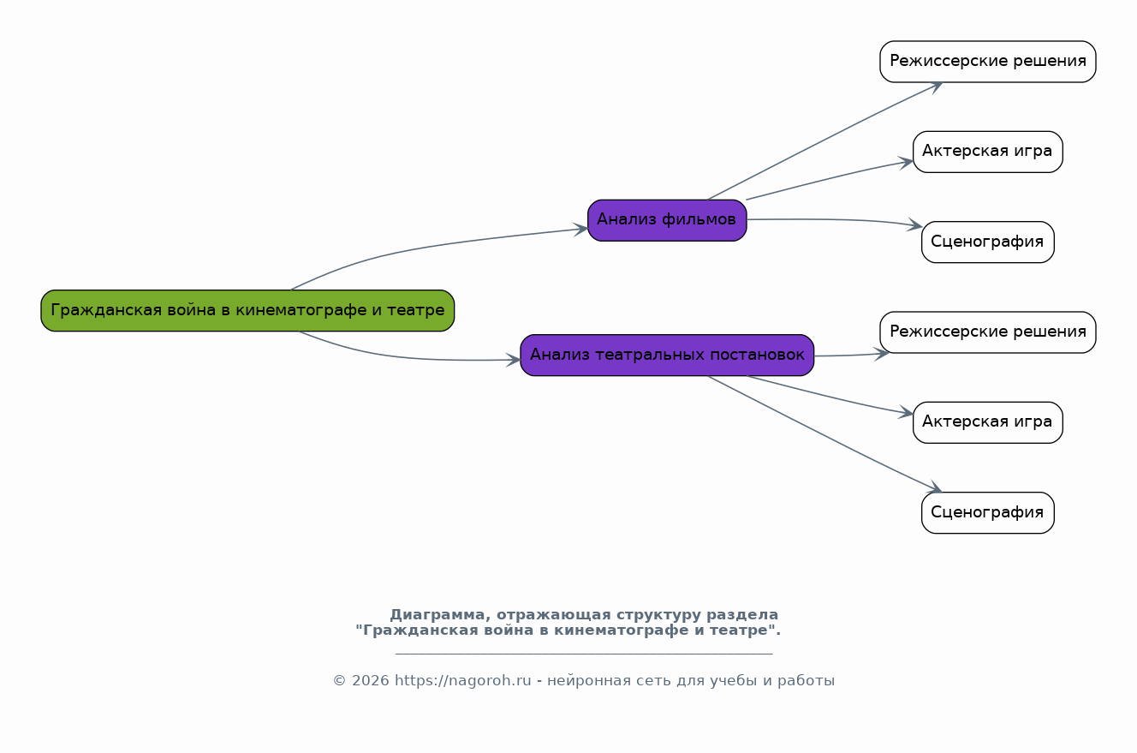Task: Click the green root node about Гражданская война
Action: point(247,311)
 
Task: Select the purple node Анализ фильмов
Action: point(667,220)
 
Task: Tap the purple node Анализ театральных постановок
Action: point(667,356)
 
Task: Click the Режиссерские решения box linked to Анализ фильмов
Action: point(988,62)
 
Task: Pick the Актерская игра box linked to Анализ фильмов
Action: point(988,152)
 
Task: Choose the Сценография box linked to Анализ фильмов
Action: point(988,242)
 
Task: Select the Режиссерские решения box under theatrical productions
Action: point(988,332)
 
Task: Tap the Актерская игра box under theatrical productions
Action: point(988,423)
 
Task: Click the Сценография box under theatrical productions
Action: point(988,513)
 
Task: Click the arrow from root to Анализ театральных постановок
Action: point(406,357)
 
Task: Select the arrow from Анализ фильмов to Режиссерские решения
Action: point(824,139)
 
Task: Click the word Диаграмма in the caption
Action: point(437,615)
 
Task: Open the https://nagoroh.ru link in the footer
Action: point(463,681)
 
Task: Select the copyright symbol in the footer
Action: point(339,681)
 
